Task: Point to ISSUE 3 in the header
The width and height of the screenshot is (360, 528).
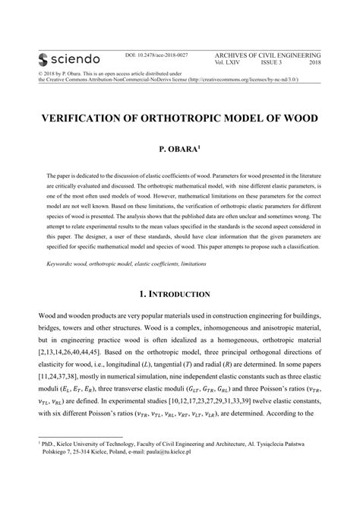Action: pyautogui.click(x=270, y=64)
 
